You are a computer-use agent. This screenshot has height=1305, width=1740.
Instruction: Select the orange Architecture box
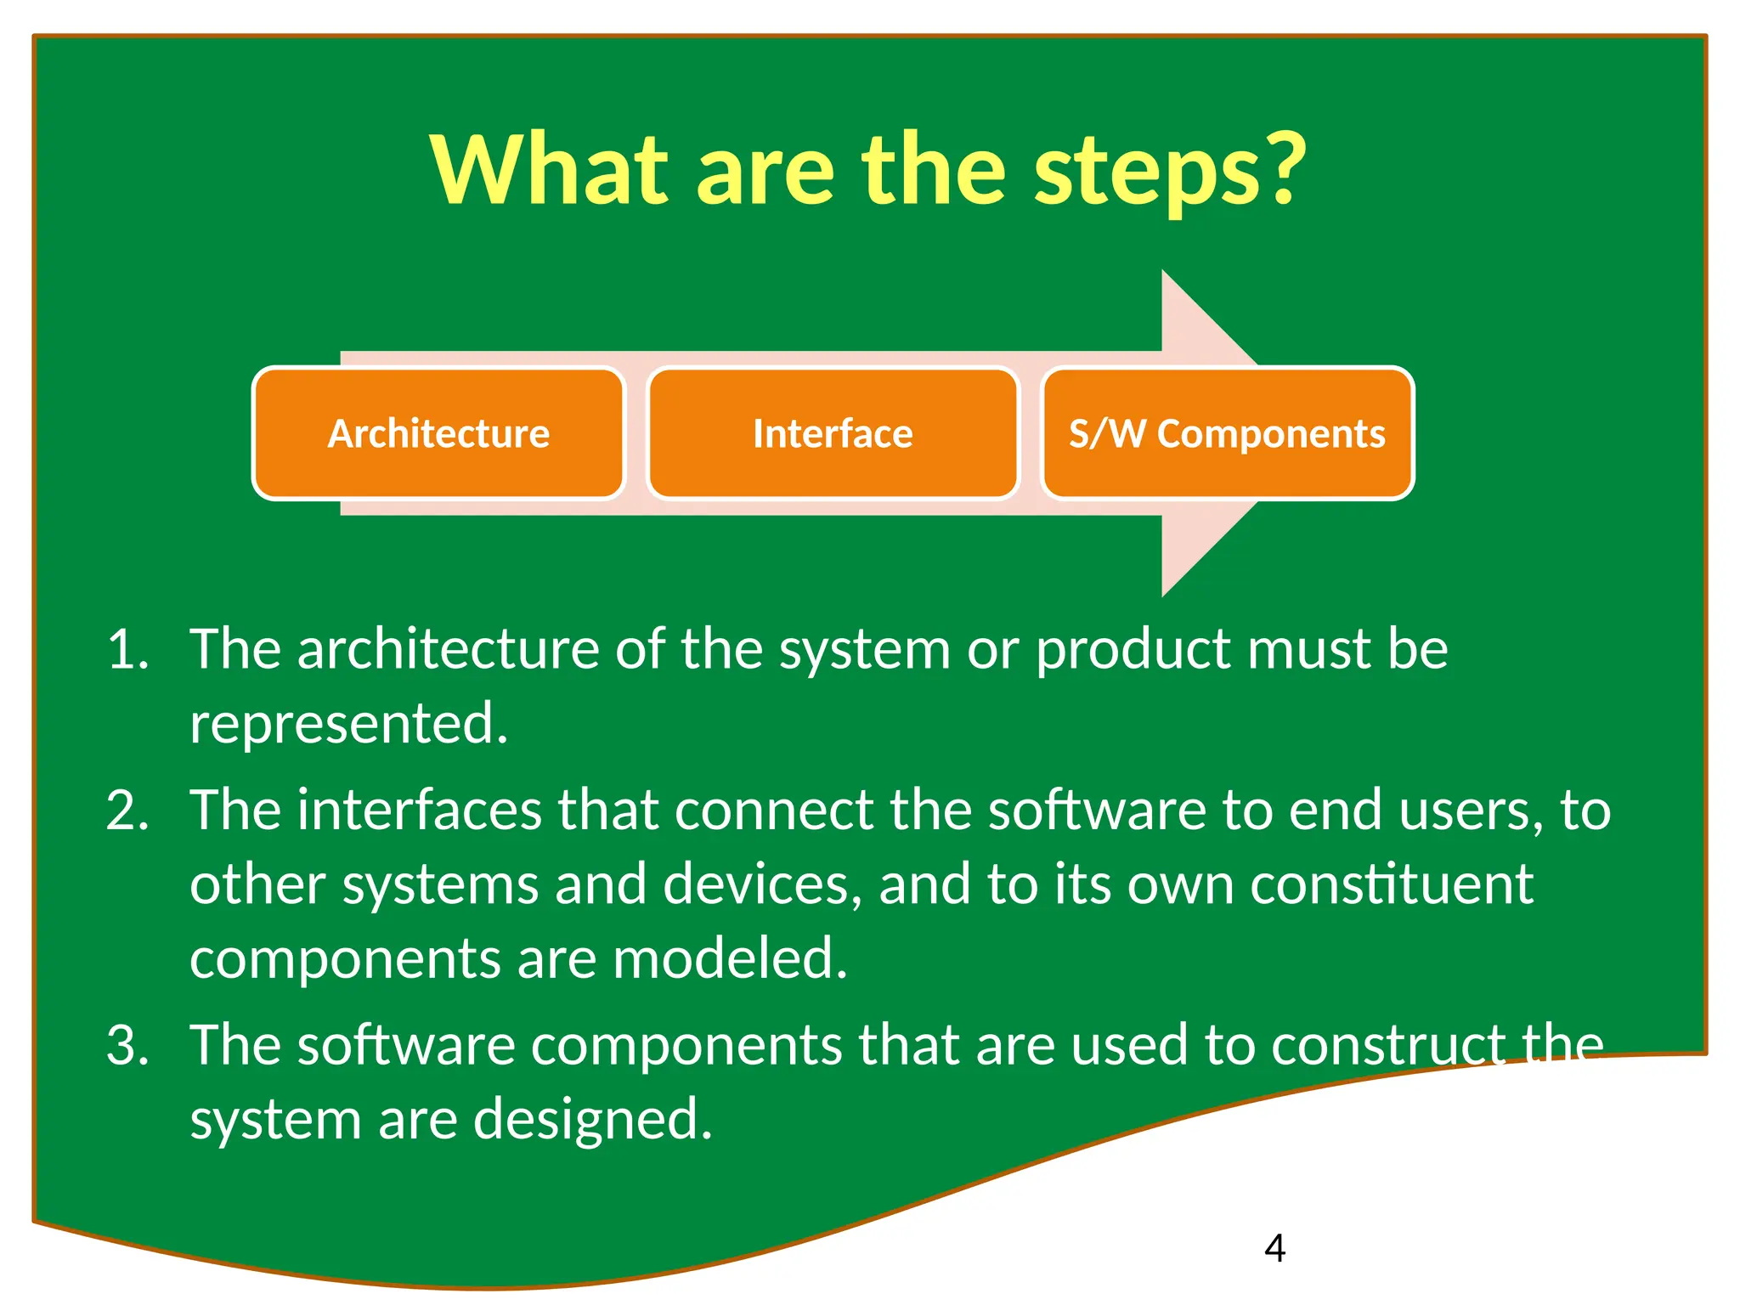click(x=438, y=434)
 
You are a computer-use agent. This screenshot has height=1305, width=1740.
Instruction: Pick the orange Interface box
click(x=833, y=434)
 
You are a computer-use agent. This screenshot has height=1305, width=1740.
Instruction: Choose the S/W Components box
click(x=1227, y=434)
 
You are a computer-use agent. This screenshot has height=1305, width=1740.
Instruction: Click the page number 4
click(x=1274, y=1248)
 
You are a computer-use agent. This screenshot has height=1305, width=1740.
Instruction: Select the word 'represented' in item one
click(x=347, y=725)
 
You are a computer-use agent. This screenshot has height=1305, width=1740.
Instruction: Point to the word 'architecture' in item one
click(x=448, y=651)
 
